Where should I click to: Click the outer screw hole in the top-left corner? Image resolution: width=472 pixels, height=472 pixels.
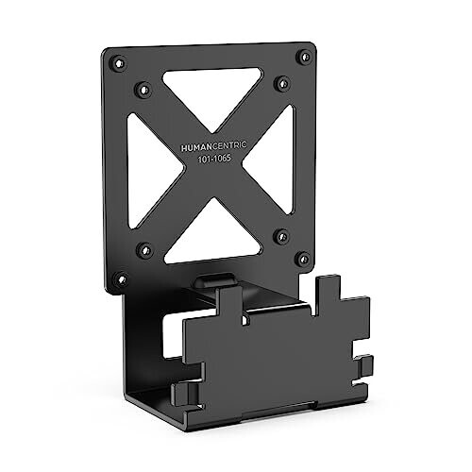pos(115,63)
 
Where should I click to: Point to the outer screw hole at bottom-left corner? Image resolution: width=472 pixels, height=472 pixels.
pos(120,279)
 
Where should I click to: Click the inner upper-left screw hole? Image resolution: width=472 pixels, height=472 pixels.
pos(143,90)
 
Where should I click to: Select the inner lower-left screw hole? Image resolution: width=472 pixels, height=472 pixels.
pos(144,250)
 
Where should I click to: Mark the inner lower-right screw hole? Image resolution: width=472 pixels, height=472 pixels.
pos(279,235)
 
